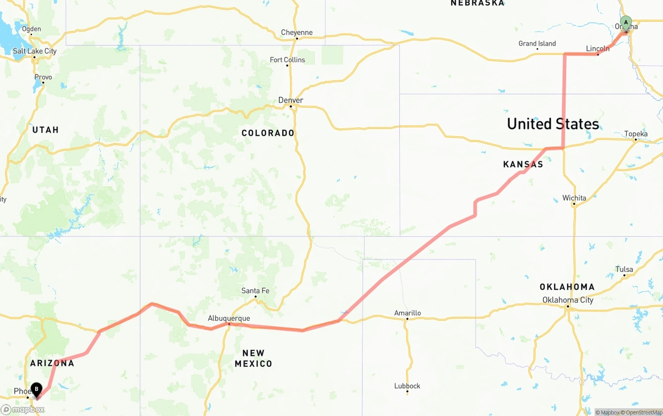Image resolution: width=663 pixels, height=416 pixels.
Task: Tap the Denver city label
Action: point(291,100)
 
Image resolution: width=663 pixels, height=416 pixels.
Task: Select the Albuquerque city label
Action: point(229,319)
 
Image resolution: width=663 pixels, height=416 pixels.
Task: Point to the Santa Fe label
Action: point(255,291)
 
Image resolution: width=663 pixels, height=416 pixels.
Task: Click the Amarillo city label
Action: point(408,313)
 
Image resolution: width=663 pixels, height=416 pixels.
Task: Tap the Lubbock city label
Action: point(407,386)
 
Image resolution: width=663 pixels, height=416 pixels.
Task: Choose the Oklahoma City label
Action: point(568,300)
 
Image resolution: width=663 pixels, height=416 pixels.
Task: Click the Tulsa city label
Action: point(624,269)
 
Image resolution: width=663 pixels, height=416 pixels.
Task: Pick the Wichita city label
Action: point(574,198)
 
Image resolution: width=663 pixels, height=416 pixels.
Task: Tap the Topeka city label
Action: point(636,134)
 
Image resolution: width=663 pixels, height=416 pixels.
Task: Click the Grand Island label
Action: point(537,44)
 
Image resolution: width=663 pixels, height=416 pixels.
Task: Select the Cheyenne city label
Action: point(297,33)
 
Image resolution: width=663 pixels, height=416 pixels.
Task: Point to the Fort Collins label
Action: point(287,60)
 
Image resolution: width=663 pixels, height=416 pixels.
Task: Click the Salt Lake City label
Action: point(35,51)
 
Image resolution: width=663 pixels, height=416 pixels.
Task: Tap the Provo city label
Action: point(43,77)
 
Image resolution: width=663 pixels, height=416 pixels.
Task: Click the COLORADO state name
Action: point(268,133)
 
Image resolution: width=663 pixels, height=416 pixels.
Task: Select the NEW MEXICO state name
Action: point(253,358)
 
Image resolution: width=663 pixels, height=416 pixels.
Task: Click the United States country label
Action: point(553,124)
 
